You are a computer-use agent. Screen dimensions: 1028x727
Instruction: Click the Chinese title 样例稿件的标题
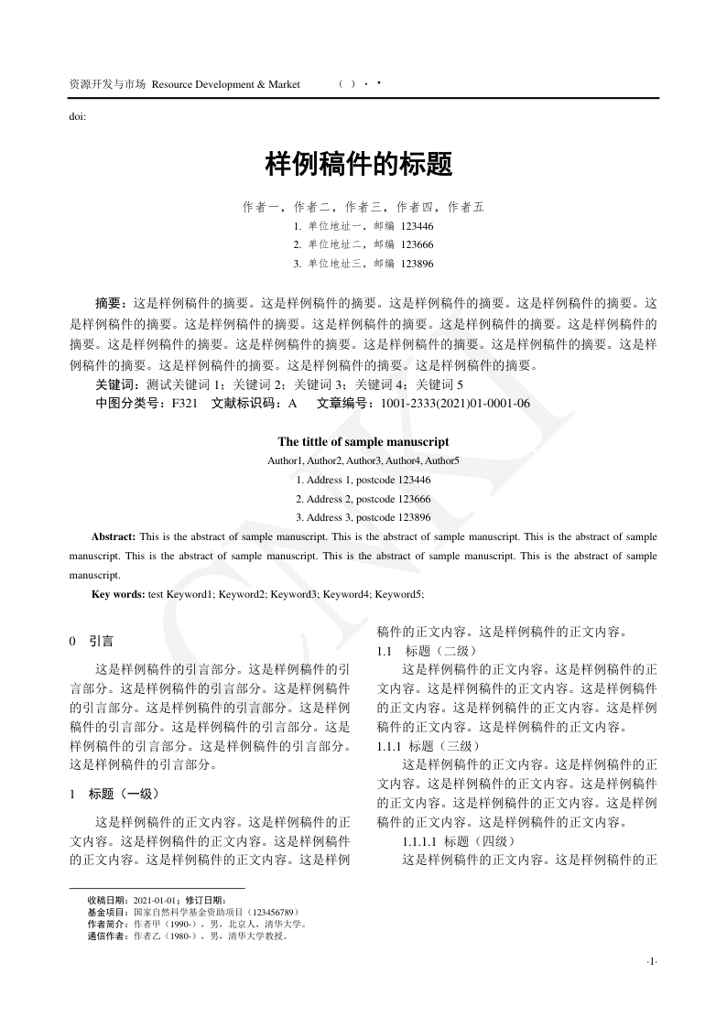[x=359, y=165]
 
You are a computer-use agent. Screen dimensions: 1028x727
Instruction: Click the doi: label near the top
[x=78, y=116]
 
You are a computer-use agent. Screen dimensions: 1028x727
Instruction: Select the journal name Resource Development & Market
[x=226, y=84]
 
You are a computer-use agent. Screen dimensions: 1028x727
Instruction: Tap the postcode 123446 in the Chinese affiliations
[x=417, y=226]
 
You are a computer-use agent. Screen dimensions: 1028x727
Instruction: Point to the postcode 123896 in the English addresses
[x=410, y=517]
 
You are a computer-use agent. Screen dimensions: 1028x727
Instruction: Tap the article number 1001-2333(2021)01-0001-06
[x=455, y=403]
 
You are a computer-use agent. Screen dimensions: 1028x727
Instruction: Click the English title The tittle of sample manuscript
[x=363, y=441]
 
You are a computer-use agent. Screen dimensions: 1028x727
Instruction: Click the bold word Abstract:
[x=114, y=536]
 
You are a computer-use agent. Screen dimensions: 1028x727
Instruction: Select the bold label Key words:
[x=118, y=594]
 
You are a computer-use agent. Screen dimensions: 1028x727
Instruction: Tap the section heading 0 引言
[x=92, y=642]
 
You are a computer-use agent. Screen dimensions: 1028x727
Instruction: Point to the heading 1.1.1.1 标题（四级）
[x=460, y=840]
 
